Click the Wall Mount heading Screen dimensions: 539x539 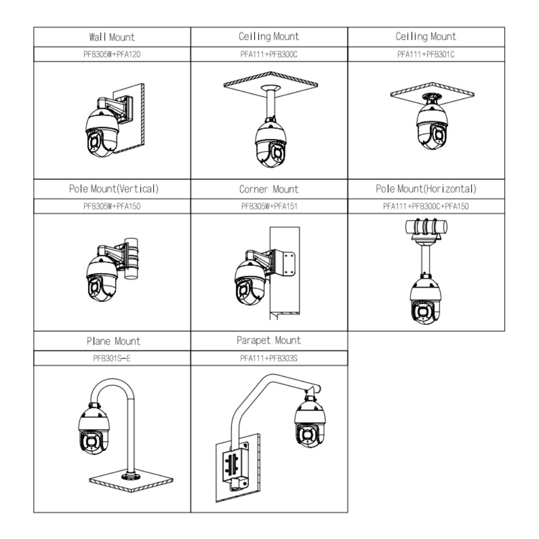(112, 37)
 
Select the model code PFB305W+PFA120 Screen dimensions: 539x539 (112, 54)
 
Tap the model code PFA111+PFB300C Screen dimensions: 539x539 (268, 54)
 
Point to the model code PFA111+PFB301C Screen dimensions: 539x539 (426, 54)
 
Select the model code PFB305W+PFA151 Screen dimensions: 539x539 (268, 206)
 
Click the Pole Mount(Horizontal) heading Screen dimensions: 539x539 (426, 189)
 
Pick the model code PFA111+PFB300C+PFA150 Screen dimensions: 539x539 (426, 206)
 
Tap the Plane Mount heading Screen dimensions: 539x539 (114, 341)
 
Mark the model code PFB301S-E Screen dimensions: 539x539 (112, 358)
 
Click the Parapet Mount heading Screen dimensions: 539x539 (268, 341)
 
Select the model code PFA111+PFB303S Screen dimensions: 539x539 (268, 358)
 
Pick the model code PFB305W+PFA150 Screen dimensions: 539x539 (112, 206)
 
